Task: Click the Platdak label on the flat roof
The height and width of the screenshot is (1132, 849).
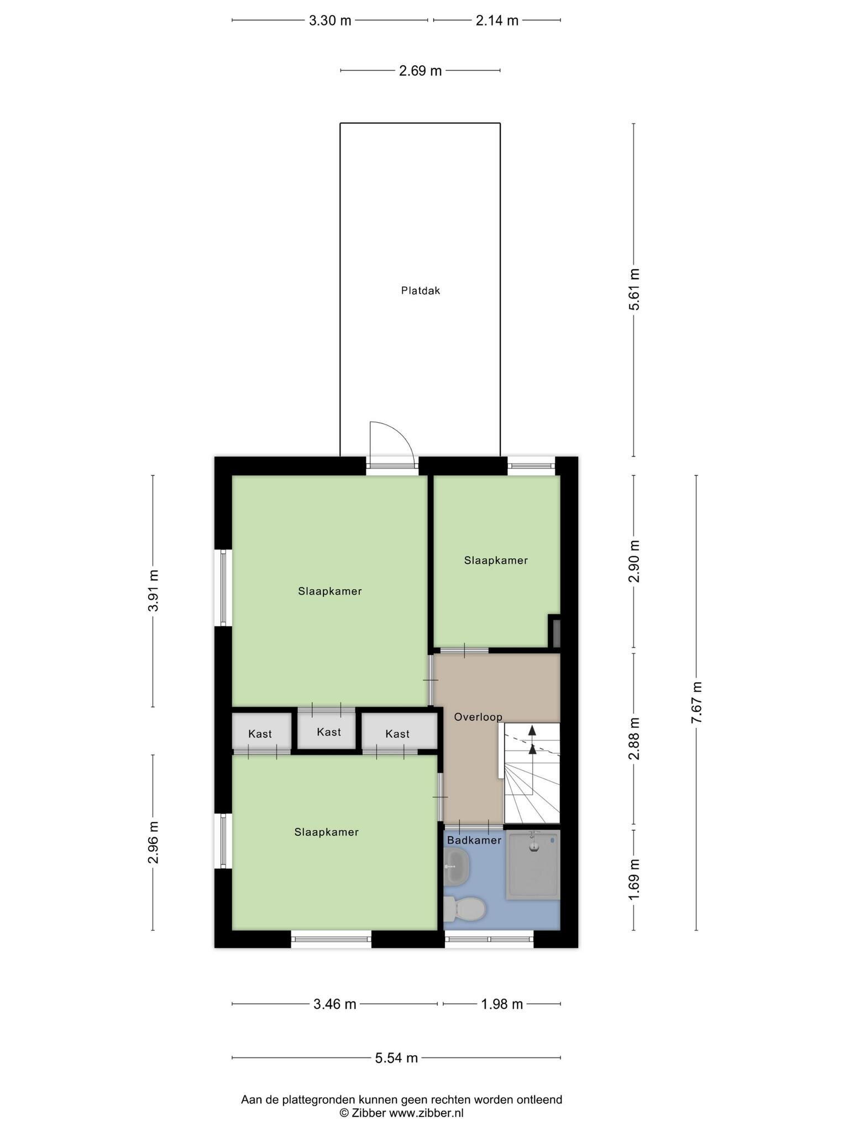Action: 421,290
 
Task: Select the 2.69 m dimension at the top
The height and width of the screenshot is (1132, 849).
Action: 421,71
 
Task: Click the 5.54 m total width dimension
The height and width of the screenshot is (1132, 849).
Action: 396,1058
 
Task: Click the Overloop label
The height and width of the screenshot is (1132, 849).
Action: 478,717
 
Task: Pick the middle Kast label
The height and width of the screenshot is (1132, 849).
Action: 329,732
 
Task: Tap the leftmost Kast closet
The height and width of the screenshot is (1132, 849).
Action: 261,731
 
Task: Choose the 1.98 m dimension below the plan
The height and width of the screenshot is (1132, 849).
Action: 502,1004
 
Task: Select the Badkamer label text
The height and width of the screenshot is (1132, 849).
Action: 474,840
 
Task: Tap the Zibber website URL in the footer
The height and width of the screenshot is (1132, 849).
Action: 426,1113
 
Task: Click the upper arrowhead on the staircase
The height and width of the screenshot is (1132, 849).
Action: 532,730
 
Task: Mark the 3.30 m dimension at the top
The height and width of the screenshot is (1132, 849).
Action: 330,20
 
